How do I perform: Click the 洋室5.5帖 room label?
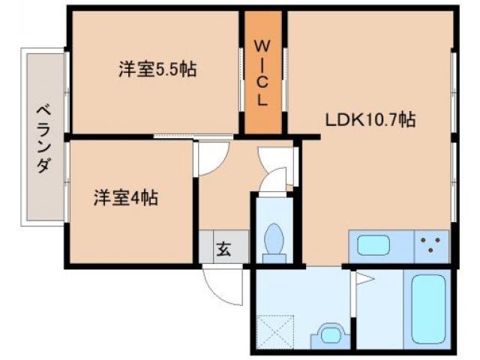(x=157, y=70)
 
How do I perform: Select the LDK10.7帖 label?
(x=370, y=118)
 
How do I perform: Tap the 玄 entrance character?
(x=223, y=247)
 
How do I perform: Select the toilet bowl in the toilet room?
(x=274, y=241)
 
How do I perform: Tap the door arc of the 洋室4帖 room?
(x=209, y=159)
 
